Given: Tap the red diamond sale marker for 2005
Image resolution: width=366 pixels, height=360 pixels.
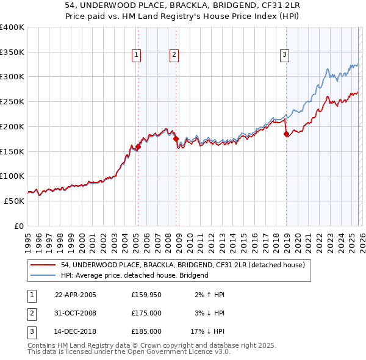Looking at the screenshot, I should pos(138,146).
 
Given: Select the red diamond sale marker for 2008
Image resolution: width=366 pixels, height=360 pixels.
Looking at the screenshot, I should pos(176,139).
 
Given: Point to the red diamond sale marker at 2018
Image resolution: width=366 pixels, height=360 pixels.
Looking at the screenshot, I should pos(286,134).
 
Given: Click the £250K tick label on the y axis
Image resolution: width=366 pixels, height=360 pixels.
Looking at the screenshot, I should pos(12,101).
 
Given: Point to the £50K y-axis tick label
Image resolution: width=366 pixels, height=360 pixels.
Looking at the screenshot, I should pos(14,201).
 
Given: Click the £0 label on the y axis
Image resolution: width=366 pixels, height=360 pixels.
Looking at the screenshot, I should pos(19,226).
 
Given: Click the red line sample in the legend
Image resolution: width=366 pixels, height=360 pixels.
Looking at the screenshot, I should pos(44,265).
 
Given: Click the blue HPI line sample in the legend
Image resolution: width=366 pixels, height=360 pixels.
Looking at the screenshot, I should pos(44,275).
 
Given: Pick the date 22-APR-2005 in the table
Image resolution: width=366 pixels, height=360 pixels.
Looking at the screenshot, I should pos(76,295).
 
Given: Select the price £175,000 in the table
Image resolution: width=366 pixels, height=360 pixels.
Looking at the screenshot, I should pos(146,313).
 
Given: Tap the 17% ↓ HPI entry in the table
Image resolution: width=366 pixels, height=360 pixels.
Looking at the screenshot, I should pos(207,331).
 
